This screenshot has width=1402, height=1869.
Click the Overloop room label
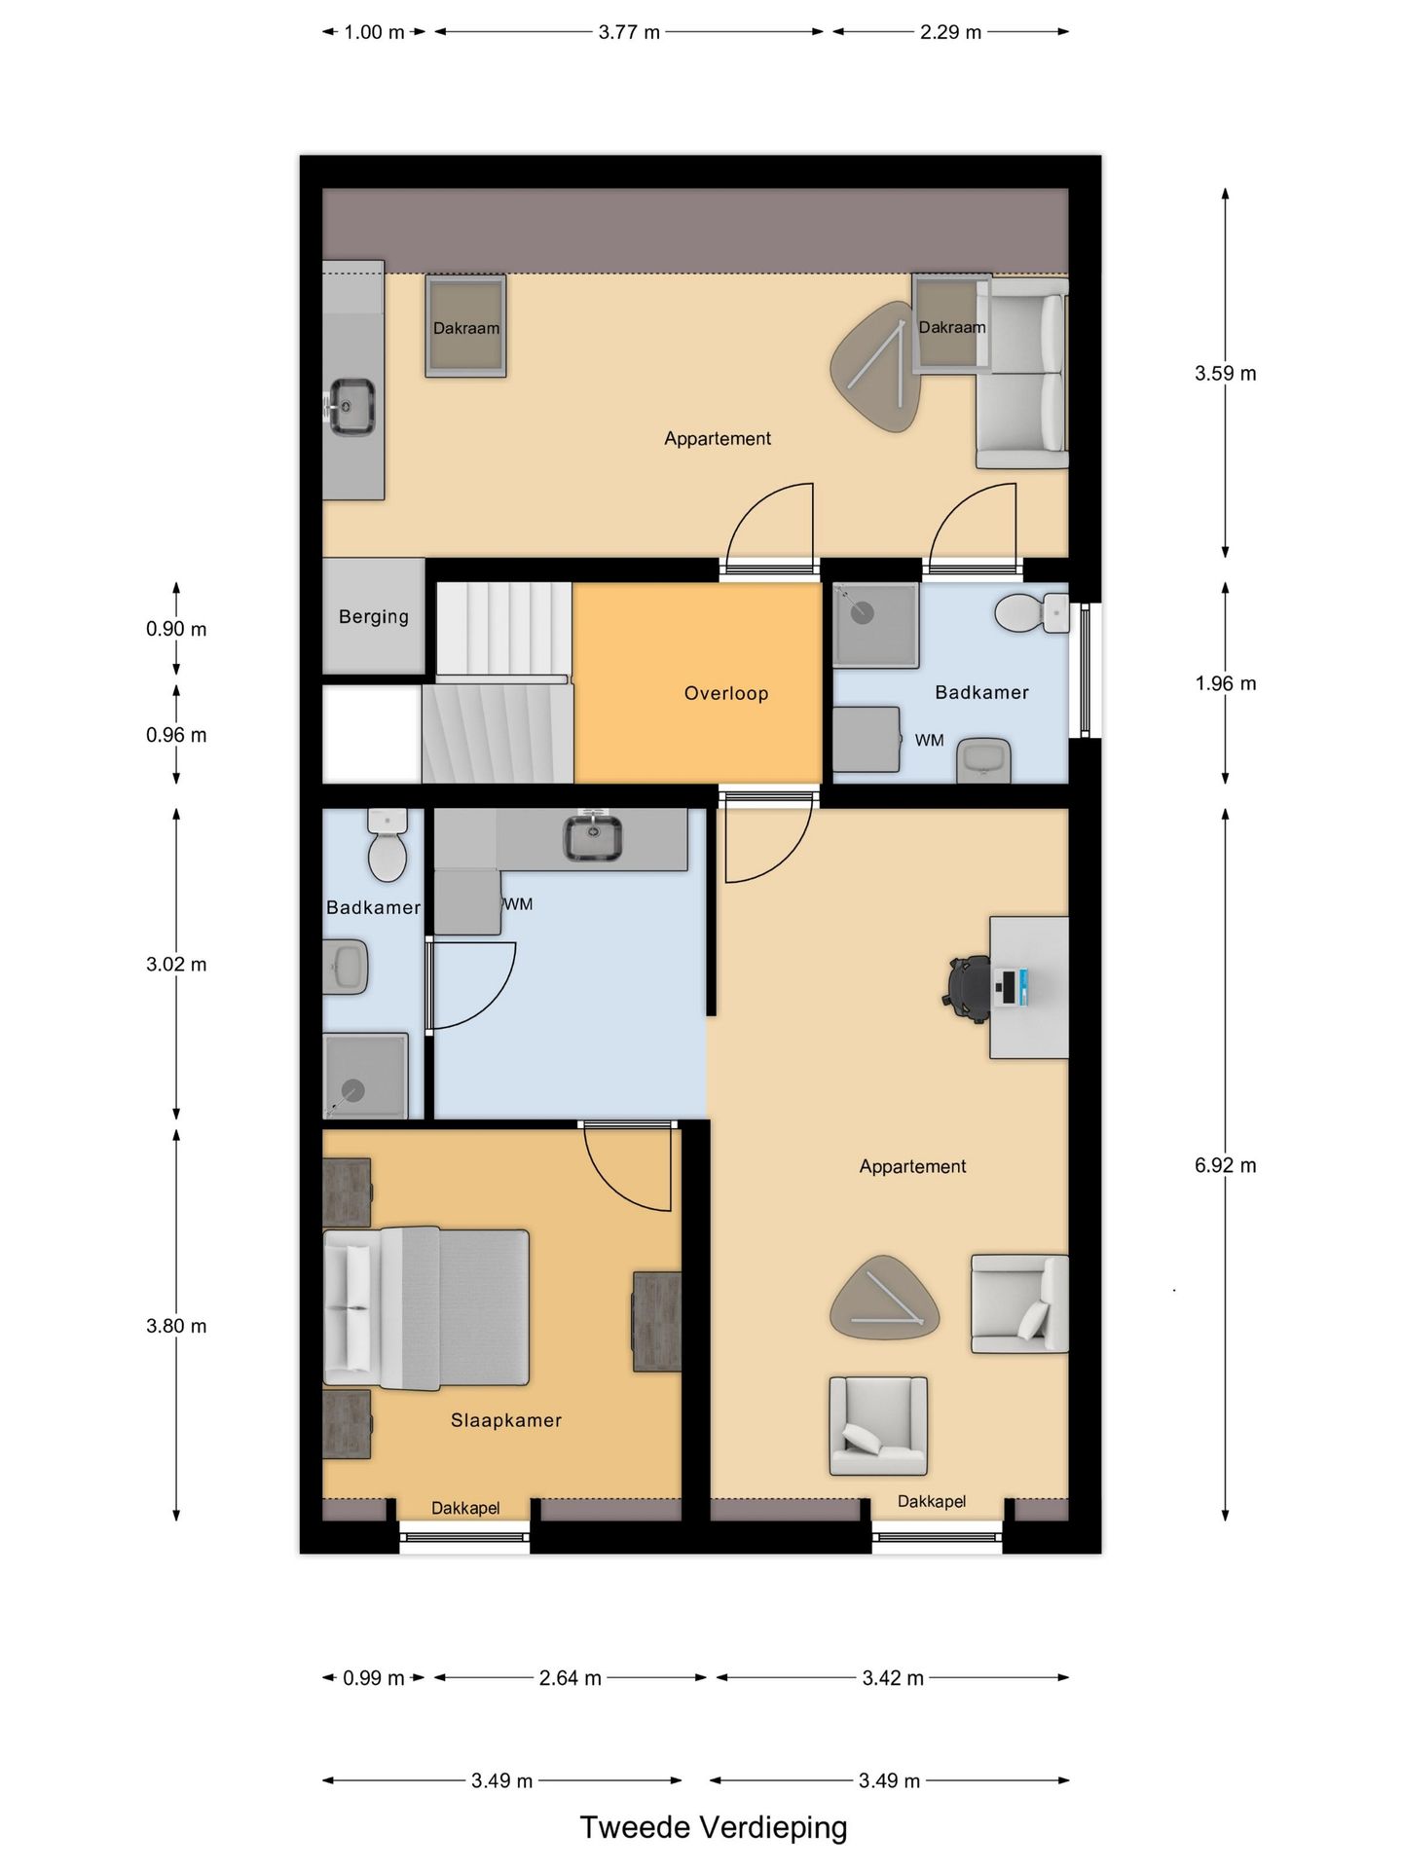point(725,693)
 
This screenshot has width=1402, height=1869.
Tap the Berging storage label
point(373,616)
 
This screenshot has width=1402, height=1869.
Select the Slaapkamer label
point(505,1420)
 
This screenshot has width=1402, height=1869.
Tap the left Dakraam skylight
point(465,327)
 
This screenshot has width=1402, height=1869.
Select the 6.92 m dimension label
point(1225,1165)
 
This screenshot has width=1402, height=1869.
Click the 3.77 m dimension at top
point(629,32)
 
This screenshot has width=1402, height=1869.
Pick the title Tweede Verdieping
point(713,1828)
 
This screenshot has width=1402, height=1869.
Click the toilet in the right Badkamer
point(1022,613)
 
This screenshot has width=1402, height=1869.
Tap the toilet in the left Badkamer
point(387,850)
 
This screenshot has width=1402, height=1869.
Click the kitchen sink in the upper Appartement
point(351,406)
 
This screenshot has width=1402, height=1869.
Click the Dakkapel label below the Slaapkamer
point(465,1508)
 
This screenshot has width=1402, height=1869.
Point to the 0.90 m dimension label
point(176,629)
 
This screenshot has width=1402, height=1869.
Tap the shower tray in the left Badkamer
point(364,1076)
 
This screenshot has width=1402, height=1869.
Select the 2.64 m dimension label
point(570,1678)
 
